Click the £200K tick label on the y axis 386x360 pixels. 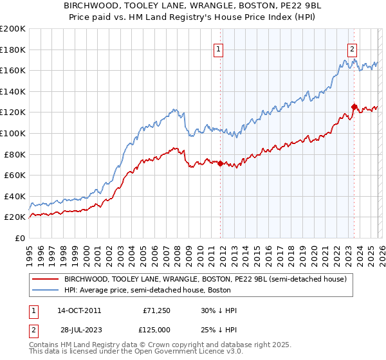(x=12, y=29)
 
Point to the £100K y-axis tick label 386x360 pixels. (x=12, y=133)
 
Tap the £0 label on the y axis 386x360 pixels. (x=20, y=238)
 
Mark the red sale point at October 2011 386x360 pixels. (x=220, y=163)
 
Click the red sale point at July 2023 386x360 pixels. (x=354, y=107)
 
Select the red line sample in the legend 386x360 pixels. (x=45, y=279)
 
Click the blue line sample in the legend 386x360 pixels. (x=45, y=290)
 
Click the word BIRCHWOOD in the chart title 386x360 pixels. (x=102, y=4)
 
